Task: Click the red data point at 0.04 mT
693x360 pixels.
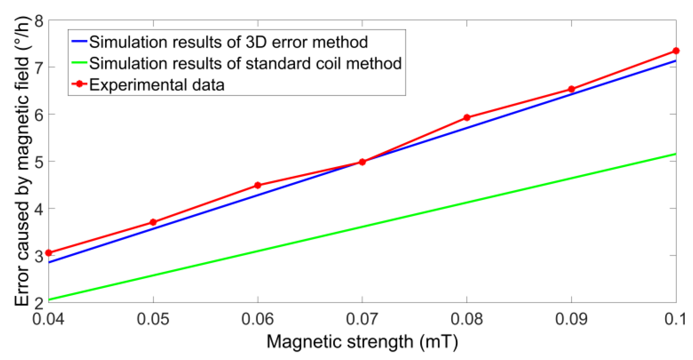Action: [x=49, y=253]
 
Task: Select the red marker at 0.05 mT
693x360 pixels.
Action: [x=153, y=222]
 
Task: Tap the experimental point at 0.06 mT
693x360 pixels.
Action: [x=258, y=185]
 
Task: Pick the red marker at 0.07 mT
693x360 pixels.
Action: [x=362, y=162]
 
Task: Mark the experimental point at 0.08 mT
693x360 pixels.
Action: [x=467, y=118]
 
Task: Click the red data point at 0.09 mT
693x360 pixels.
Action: [x=572, y=89]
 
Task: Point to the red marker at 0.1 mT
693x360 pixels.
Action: [x=676, y=51]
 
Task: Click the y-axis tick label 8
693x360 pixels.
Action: [x=39, y=21]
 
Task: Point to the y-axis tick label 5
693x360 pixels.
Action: [x=39, y=162]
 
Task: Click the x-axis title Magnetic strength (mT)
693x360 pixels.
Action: [x=362, y=342]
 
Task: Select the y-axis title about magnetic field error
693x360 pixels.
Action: [x=22, y=161]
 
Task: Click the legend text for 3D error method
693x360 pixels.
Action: [x=228, y=42]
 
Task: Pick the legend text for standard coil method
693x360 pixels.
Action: [x=245, y=63]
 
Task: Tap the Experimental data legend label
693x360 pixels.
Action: [x=157, y=85]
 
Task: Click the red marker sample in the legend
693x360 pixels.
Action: [x=79, y=84]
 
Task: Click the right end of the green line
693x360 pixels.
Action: [x=675, y=154]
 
